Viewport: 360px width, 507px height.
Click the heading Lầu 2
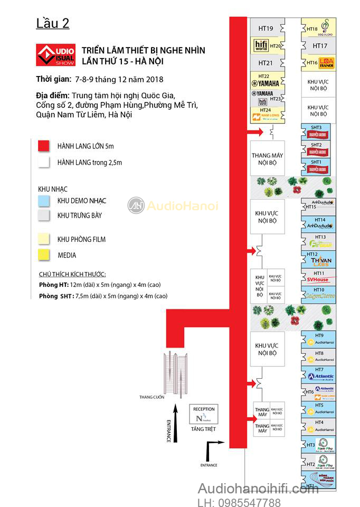(53, 23)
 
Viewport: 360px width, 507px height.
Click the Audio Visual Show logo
(55, 55)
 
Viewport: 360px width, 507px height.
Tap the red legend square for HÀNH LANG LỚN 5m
(44, 146)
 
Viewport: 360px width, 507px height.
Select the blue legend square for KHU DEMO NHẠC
(44, 201)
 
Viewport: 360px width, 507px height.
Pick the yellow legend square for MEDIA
(44, 255)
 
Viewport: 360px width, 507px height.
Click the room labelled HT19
(266, 29)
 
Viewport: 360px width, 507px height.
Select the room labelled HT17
(320, 46)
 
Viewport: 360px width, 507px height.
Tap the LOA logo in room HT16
(327, 63)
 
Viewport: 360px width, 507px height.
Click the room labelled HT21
(266, 63)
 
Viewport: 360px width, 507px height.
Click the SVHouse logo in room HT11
(318, 279)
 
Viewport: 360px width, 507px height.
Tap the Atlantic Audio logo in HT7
(321, 377)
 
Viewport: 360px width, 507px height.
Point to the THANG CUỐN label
(150, 397)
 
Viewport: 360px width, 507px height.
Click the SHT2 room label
(316, 145)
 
